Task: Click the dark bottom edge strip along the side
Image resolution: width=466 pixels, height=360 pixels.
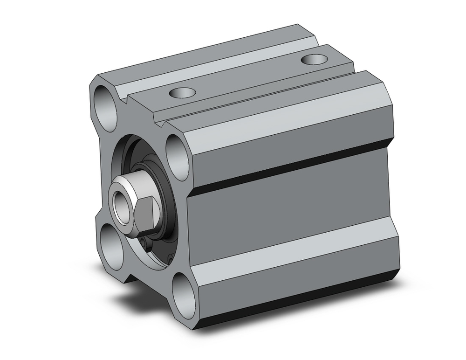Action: pyautogui.click(x=298, y=299)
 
